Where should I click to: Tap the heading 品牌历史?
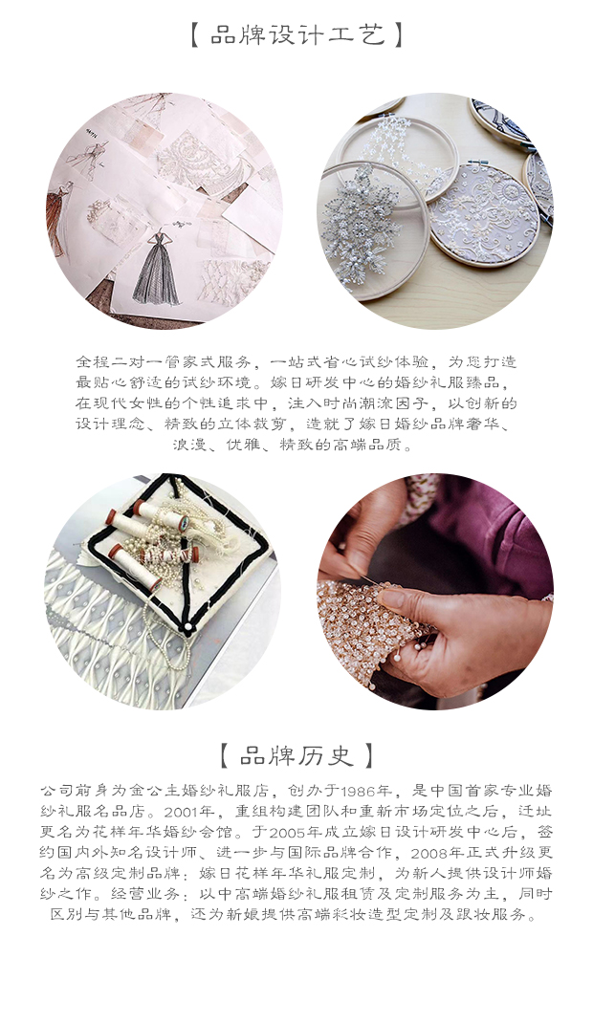296,755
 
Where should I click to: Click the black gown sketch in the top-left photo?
158,270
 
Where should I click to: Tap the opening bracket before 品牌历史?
225,755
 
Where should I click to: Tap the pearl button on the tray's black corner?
188,627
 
